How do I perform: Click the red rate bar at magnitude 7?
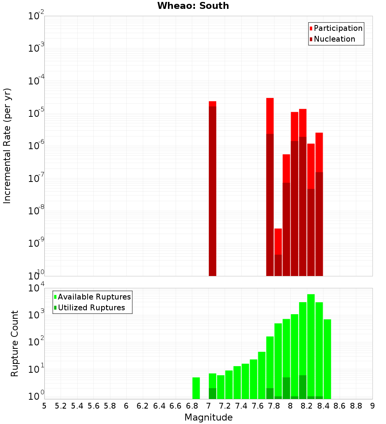pos(212,189)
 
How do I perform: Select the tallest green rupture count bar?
pos(311,347)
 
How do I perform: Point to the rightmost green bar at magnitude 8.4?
pos(327,358)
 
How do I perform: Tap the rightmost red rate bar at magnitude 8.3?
pos(319,204)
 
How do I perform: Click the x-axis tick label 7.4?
pos(241,406)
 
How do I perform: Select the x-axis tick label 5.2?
pos(61,406)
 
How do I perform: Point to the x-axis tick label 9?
pos(372,406)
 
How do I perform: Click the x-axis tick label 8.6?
pos(340,406)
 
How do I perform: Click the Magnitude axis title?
pos(208,417)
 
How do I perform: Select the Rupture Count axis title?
pos(15,343)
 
